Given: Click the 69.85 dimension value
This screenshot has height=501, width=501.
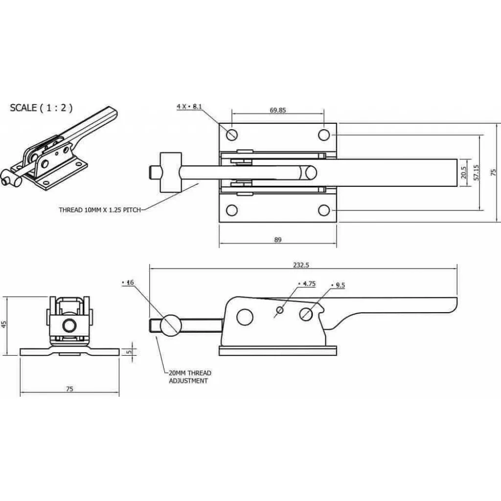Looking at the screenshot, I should coord(277,110).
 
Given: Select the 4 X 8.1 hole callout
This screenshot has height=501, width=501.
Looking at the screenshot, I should coord(190,106).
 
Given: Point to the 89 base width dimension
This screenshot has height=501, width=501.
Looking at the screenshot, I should coord(277,240).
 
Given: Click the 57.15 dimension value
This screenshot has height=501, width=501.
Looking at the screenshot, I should coord(476,173).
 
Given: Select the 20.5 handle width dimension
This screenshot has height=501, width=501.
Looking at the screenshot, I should coord(464,173).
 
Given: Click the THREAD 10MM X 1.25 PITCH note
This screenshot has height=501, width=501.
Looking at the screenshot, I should coord(100,209).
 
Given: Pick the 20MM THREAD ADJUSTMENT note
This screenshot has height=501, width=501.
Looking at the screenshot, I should coord(190,377).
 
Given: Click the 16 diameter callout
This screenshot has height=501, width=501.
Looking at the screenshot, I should coord(128,282).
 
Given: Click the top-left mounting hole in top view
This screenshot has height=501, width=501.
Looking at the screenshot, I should coord(231,134).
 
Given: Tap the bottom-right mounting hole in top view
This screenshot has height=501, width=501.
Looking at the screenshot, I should coord(324,210).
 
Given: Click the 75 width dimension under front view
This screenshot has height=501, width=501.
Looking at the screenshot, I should coord(69,389).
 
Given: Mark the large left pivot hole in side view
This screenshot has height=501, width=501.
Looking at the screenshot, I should coord(244,317).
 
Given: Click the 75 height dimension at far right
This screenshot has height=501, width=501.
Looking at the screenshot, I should coord(493,173).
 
